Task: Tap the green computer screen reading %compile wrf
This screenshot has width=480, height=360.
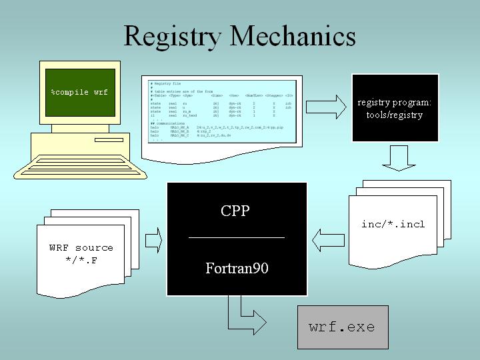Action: tap(79, 92)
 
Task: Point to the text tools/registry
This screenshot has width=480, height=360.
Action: tap(395, 115)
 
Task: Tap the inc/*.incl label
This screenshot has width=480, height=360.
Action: tap(393, 224)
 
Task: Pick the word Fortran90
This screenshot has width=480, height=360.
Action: tap(237, 269)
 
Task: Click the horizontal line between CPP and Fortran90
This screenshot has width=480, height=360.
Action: tap(237, 237)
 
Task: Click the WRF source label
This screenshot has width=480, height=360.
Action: tap(81, 247)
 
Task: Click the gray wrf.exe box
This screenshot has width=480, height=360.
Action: tap(343, 327)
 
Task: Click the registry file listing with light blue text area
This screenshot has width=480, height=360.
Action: tap(220, 111)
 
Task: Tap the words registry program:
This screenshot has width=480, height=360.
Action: tap(395, 103)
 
